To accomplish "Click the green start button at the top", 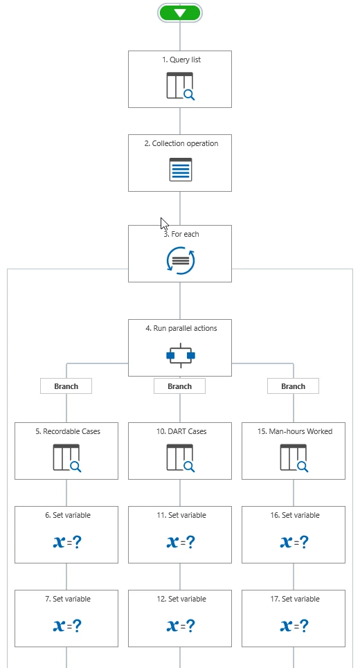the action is [180, 13].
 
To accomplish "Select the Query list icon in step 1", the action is [181, 86].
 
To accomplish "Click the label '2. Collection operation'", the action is [181, 143].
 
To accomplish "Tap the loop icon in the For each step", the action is [180, 260].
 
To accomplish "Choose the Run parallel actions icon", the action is [181, 355].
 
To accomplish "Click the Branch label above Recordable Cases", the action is [66, 386].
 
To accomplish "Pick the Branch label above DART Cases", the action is [179, 386].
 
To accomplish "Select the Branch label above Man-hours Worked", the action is [293, 386].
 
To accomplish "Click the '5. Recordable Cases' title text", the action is [68, 431].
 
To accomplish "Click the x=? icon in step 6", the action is [67, 542].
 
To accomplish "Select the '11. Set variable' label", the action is [181, 516].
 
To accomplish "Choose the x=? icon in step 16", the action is [294, 542].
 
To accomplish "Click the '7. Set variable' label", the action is [68, 599].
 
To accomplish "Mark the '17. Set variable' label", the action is [295, 599].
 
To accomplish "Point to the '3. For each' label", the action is [181, 234].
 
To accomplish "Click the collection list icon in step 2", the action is [181, 170].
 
